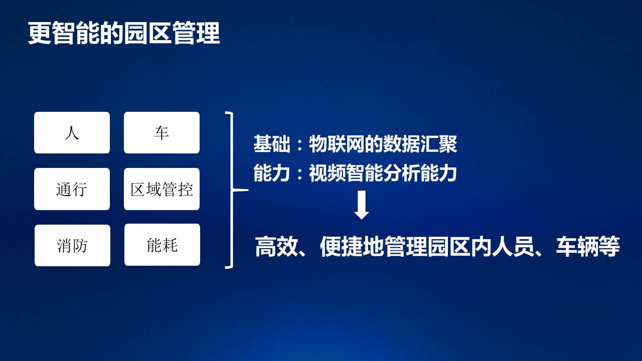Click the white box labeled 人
point(72,133)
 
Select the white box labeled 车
point(162,133)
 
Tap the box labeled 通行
point(72,189)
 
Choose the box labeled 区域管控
point(162,189)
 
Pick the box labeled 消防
point(73,246)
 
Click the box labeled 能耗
point(162,245)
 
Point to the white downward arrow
point(362,205)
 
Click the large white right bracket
point(232,190)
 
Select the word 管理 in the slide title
point(196,33)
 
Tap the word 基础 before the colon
point(272,144)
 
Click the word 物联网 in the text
point(337,144)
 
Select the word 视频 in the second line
point(328,173)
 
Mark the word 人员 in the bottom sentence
point(513,247)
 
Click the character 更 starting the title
point(40,33)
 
